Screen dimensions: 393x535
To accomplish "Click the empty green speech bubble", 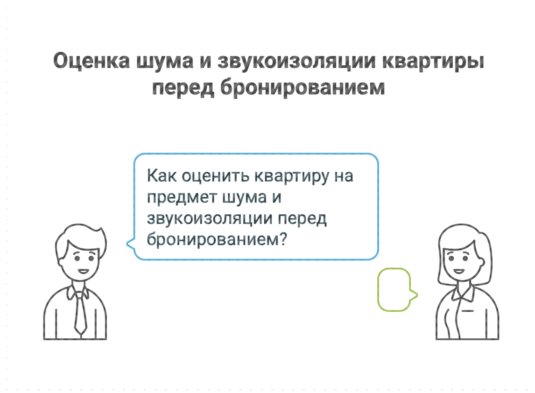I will pos(394,289).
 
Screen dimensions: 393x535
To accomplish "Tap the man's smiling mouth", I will pos(82,271).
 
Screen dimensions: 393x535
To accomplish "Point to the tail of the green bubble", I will pos(414,295).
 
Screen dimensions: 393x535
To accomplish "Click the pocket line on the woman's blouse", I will pos(467,309).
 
